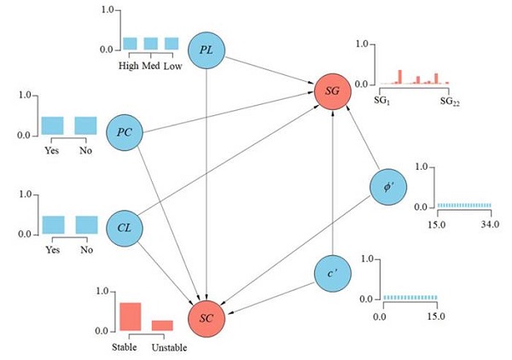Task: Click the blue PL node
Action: pos(207,50)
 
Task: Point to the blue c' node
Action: pos(333,273)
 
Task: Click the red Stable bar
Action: pos(130,316)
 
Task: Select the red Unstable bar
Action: pos(162,325)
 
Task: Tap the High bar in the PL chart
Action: pos(130,44)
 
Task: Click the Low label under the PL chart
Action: pos(172,67)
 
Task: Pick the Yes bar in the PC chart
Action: pos(53,125)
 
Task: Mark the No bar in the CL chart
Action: pos(86,224)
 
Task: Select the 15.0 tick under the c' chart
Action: pos(436,316)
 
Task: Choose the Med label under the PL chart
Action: pos(150,67)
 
